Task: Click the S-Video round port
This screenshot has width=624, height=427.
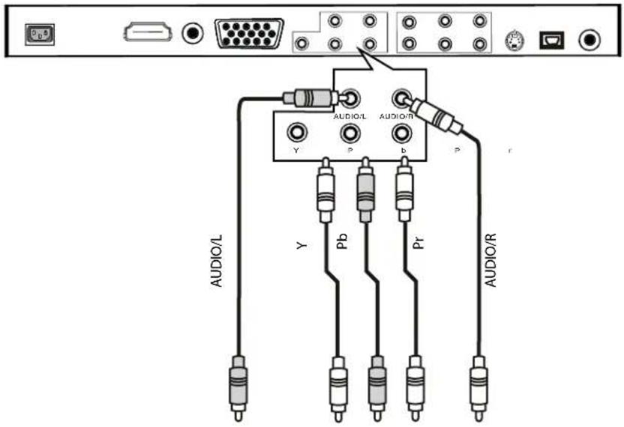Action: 514,39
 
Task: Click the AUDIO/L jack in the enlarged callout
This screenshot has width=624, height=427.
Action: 349,98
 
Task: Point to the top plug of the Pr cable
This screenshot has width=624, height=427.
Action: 403,192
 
